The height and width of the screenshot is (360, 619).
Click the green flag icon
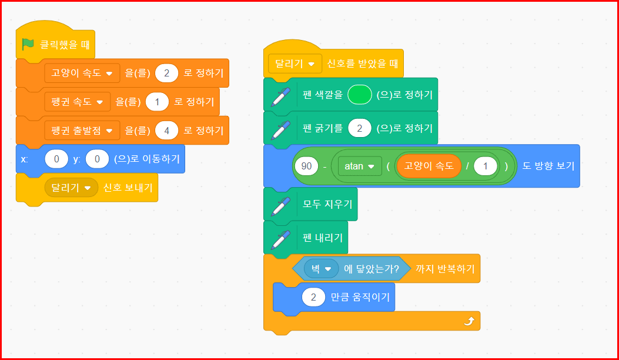coord(28,44)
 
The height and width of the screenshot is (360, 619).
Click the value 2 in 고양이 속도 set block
coord(167,74)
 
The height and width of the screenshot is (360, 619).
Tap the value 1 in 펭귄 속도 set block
coord(158,102)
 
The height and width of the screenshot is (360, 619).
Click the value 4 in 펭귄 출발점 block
coord(167,130)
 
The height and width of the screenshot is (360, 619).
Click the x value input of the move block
coord(56,159)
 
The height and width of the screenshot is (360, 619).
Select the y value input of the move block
coord(97,159)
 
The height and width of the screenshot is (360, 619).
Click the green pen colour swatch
coord(360,95)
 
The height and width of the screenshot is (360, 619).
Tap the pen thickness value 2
coord(360,128)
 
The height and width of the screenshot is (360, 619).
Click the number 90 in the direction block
coord(306,166)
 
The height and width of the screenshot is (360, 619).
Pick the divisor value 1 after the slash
coord(485,166)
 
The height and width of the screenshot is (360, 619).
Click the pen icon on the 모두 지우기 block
coord(280,205)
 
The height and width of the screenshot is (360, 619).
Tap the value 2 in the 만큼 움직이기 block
coord(314,297)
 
